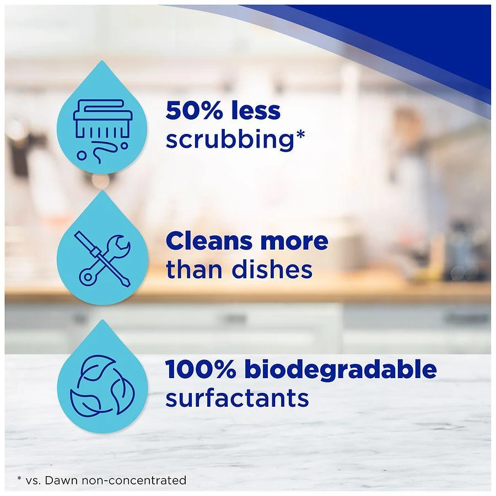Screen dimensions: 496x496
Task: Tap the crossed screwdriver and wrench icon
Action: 102,259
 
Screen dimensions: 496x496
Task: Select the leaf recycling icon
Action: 102,385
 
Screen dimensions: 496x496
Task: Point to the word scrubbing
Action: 230,140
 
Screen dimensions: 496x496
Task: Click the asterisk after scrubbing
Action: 300,135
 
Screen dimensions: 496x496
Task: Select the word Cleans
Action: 210,241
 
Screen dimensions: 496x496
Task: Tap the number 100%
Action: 201,369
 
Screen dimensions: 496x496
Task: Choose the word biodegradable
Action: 341,369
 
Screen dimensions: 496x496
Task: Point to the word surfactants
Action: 237,398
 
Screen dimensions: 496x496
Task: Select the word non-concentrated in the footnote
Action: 134,480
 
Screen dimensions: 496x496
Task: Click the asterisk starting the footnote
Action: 19,478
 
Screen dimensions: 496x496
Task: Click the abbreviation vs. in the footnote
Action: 34,481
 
